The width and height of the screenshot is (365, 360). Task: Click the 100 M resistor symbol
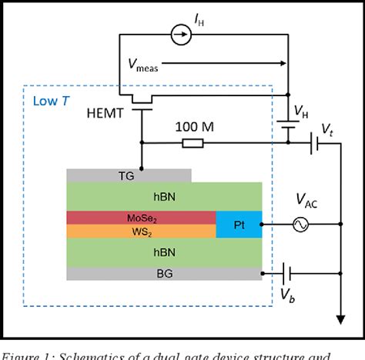pos(193,143)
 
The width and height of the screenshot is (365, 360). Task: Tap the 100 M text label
pos(192,126)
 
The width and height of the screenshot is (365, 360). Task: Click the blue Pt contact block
pos(239,224)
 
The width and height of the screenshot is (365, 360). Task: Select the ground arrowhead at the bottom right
pos(339,319)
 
